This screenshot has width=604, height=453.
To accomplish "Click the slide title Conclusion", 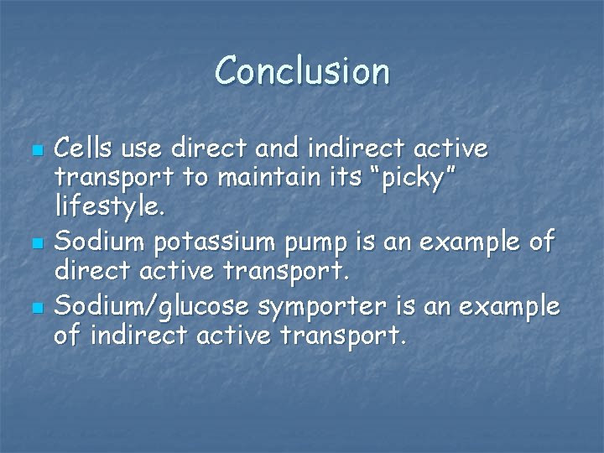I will coord(302,71).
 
